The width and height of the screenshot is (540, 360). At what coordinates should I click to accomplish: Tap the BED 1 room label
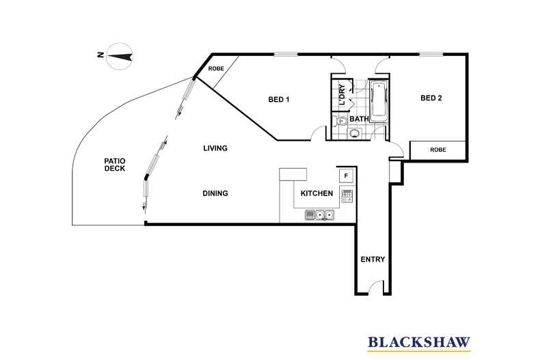point(279,100)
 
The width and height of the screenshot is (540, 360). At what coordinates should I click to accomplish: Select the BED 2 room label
point(431,98)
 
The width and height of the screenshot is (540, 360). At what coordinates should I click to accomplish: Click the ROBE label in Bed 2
point(438,150)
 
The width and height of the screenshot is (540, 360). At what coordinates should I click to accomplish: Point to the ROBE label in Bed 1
point(216,68)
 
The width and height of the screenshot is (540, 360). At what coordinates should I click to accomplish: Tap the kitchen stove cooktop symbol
point(347,195)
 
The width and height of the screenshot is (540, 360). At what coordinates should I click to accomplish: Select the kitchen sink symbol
point(319,215)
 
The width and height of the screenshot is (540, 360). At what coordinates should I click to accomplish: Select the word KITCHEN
point(316,194)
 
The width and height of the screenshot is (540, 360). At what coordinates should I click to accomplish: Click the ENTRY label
point(373,260)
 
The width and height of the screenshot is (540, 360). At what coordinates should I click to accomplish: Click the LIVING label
point(215,148)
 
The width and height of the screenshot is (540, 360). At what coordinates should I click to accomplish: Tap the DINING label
point(215,193)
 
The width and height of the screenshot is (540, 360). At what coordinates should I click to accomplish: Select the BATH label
point(360,119)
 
